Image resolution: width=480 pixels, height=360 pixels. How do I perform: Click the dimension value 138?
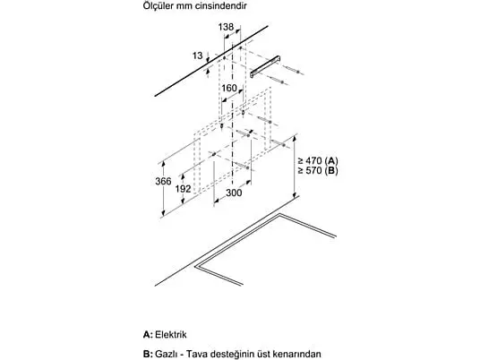pos(226,27)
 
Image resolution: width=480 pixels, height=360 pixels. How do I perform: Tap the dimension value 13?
pos(197,56)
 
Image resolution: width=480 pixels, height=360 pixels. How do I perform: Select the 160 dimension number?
pos(229,88)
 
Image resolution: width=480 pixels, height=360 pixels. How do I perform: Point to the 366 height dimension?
pos(163,181)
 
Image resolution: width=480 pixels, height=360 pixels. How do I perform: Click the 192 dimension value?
pos(183,189)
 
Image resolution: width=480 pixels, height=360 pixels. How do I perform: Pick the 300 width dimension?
pos(234,193)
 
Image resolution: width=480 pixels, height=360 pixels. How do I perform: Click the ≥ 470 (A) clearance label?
pos(318,160)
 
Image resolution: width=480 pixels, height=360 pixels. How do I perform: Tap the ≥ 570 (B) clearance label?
pos(318,170)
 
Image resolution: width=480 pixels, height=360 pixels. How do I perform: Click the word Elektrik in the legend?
pos(171,334)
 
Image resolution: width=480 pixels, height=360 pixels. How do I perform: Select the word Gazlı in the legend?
pos(167,355)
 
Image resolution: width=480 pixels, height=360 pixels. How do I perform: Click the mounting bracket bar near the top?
pos(265,66)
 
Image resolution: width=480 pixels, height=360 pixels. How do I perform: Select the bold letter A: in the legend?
pos(148,334)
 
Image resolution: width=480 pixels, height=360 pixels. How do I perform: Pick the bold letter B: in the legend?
pos(148,355)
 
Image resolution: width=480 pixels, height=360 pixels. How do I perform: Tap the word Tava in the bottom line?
pos(196,355)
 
